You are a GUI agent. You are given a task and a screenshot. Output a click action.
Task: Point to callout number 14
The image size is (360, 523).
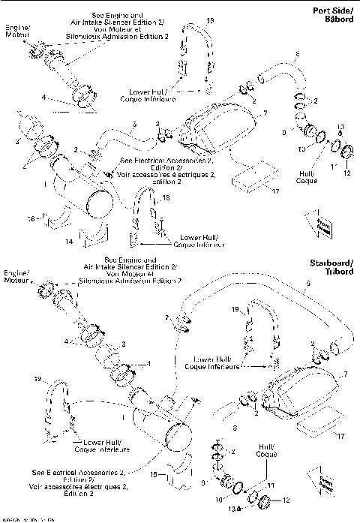pos(68,242)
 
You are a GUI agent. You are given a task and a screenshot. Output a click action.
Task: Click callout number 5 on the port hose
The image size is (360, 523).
pos(133,122)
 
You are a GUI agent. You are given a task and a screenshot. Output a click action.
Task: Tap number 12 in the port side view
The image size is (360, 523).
pos(347,173)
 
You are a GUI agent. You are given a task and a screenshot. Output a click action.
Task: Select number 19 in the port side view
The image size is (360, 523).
pos(209,20)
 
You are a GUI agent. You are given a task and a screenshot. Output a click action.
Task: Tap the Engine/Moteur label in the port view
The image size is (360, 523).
pos(16,31)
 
